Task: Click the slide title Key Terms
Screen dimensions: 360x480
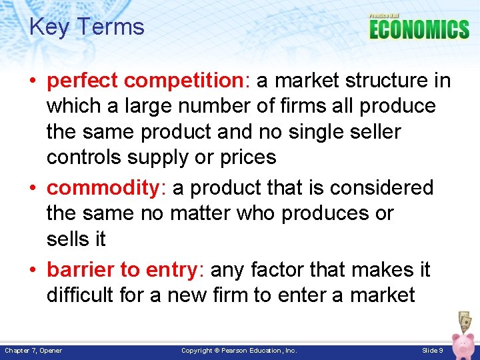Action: pos(87,27)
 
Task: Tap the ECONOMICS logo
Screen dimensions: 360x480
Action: pos(419,29)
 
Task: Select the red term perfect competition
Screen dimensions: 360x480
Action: pos(147,81)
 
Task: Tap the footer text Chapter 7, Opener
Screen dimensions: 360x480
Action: pos(33,351)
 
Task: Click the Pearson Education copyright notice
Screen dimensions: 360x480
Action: pos(239,351)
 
